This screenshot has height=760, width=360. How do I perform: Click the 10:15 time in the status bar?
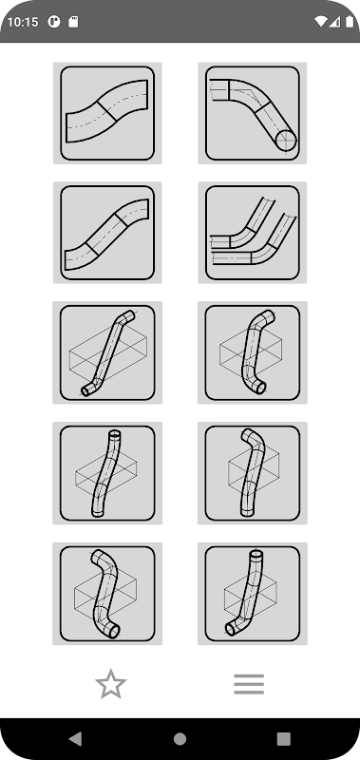pos(23,22)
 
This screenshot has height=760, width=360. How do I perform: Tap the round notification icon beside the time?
pos(54,22)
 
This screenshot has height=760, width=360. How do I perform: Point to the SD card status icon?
pos(73,22)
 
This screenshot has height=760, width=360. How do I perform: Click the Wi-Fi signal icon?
pos(320,22)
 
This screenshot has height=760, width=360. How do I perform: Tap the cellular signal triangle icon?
pos(334,22)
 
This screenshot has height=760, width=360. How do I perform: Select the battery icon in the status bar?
pos(350,22)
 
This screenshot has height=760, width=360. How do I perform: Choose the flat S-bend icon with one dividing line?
pos(107,113)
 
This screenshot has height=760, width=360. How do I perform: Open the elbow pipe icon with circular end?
pos(252,113)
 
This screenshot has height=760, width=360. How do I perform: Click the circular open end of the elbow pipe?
pos(285,141)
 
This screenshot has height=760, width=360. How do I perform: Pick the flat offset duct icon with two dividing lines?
pos(107,233)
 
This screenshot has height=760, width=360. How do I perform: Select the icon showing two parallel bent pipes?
pos(252,233)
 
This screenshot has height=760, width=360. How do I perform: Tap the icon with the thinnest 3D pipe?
pos(107,352)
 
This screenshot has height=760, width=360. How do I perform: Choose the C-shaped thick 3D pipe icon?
pos(252,352)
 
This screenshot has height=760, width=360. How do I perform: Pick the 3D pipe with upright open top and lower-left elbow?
pos(252,594)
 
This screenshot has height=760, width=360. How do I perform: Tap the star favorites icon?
pos(111,684)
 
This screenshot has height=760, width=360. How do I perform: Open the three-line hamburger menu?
pos(249,684)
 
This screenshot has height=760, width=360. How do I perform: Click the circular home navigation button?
pos(180,739)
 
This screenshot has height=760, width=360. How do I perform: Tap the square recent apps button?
pos(283,739)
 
